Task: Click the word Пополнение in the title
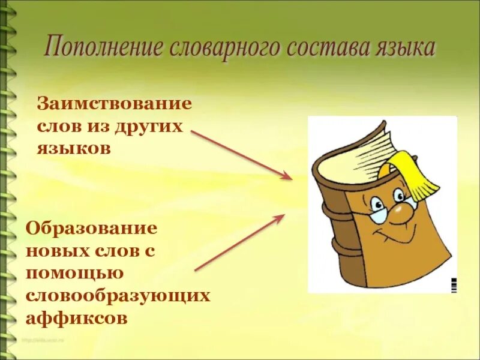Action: pos(103,46)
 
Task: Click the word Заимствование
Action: pos(115,103)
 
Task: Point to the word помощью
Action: pos(74,273)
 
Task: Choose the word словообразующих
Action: pos(118,295)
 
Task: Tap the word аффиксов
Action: pos(77,317)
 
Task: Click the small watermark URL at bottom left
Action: pos(43,340)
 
